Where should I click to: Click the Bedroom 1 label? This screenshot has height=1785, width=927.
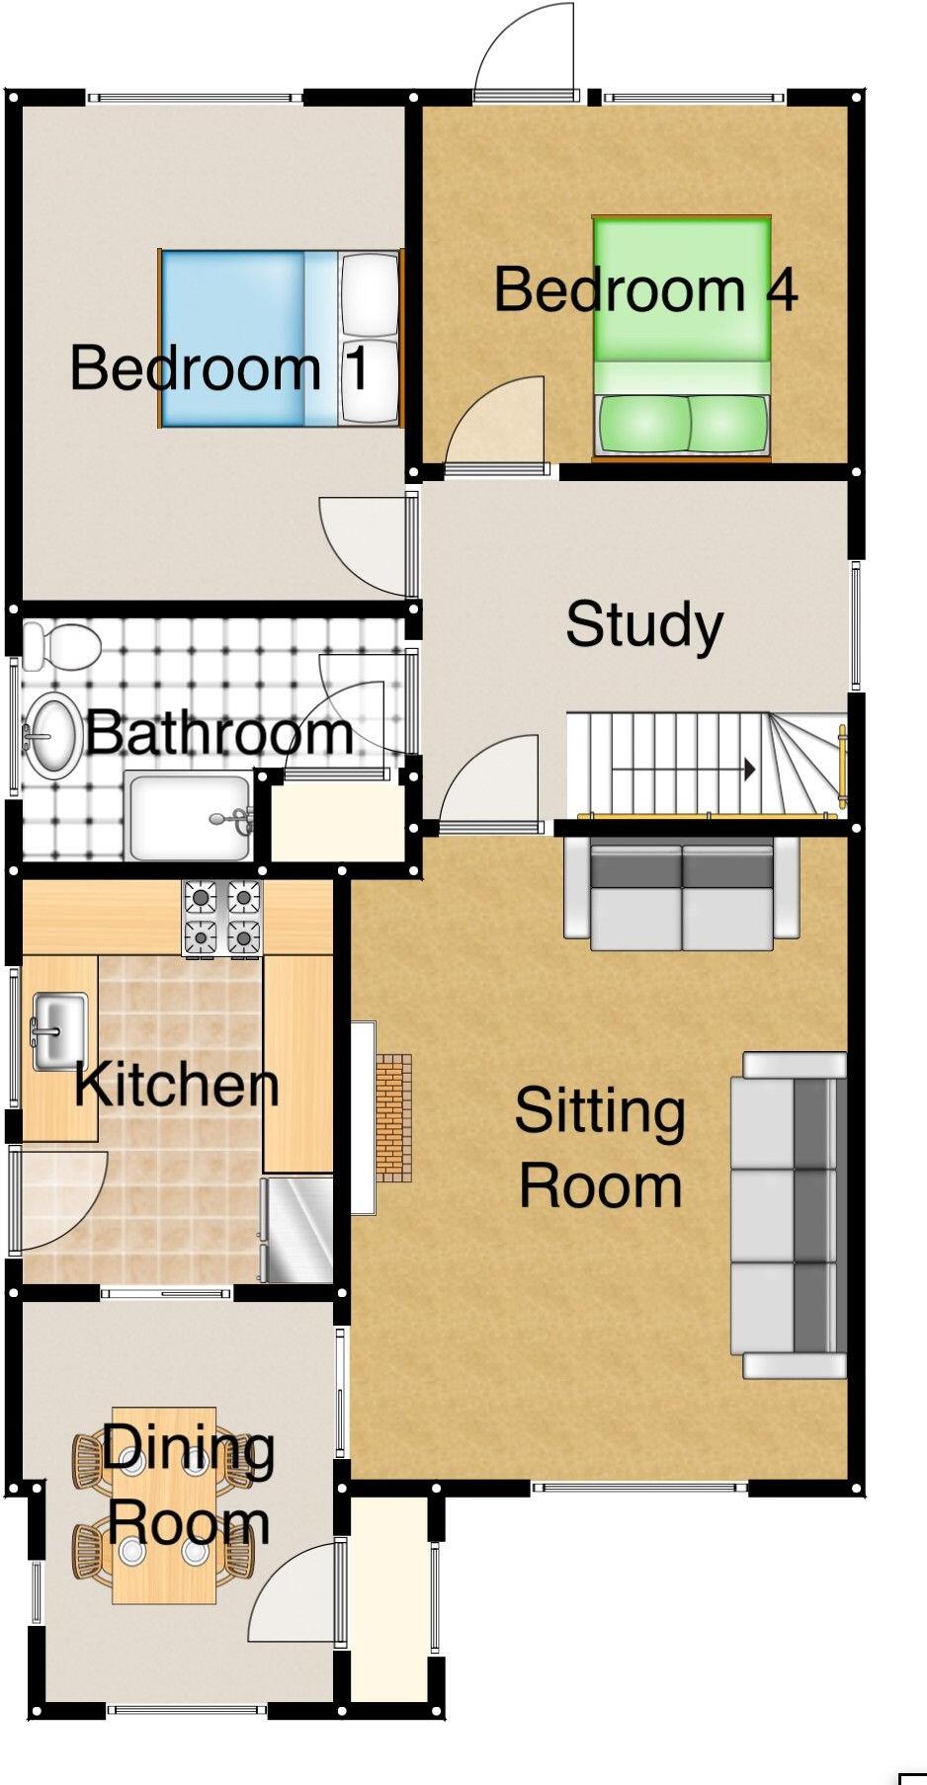(x=219, y=367)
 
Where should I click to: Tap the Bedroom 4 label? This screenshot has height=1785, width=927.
(x=644, y=289)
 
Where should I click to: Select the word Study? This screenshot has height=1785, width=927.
(x=644, y=625)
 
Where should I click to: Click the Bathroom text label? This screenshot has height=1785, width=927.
(x=218, y=734)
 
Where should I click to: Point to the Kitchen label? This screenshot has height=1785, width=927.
(x=177, y=1085)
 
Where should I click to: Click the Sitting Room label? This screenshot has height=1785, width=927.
(x=600, y=1148)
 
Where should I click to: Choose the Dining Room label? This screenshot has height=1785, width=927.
(x=188, y=1486)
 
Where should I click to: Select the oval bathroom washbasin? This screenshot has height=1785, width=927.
(x=52, y=734)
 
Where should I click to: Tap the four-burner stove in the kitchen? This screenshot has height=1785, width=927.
(x=222, y=918)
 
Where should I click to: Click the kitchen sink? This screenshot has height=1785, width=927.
(x=59, y=1031)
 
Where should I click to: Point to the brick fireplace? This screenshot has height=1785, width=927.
(x=393, y=1116)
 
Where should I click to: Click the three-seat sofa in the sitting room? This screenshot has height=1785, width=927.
(x=788, y=1215)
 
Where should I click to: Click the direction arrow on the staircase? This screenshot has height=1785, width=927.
(x=749, y=769)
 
